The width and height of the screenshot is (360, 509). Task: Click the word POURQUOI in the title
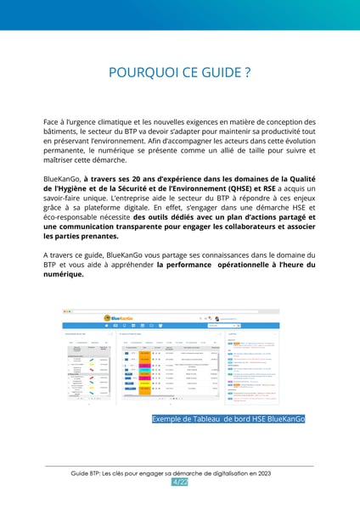click(141, 73)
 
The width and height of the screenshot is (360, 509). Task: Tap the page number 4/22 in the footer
click(180, 482)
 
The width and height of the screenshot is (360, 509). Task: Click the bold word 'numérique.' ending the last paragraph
click(64, 275)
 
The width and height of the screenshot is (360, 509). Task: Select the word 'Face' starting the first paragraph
click(53, 122)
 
